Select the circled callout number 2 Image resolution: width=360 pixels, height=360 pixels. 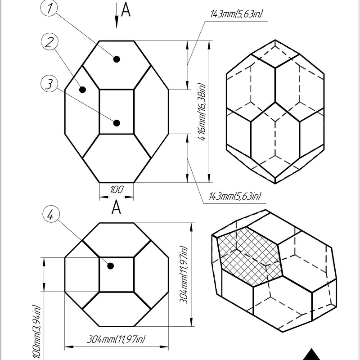pos(49,42)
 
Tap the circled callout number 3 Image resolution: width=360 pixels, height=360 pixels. pos(49,84)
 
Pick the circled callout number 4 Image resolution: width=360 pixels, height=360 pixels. pos(51,215)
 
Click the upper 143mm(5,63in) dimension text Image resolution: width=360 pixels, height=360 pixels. pos(236,14)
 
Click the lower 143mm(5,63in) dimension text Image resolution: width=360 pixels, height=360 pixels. pos(235,196)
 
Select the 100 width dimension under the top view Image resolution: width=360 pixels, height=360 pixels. pos(117,189)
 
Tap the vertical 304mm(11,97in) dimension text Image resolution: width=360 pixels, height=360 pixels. pos(184,274)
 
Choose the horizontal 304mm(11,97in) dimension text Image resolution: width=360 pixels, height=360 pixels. pos(116,339)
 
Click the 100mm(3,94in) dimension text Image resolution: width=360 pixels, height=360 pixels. pos(36,332)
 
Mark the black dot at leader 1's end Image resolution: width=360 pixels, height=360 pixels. pos(117,59)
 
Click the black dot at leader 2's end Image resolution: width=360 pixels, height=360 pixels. pos(82,90)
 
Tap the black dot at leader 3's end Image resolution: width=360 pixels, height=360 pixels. pos(117,123)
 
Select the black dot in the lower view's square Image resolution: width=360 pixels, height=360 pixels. pos(111,266)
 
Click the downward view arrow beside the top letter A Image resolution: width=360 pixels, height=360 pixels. pos(117,15)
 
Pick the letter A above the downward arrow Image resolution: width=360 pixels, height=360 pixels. pos(126,9)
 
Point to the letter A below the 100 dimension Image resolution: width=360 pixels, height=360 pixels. pos(117,207)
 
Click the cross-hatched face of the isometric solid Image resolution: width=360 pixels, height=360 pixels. pos(249,256)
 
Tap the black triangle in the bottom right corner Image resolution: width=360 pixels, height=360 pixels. pos(311,355)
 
